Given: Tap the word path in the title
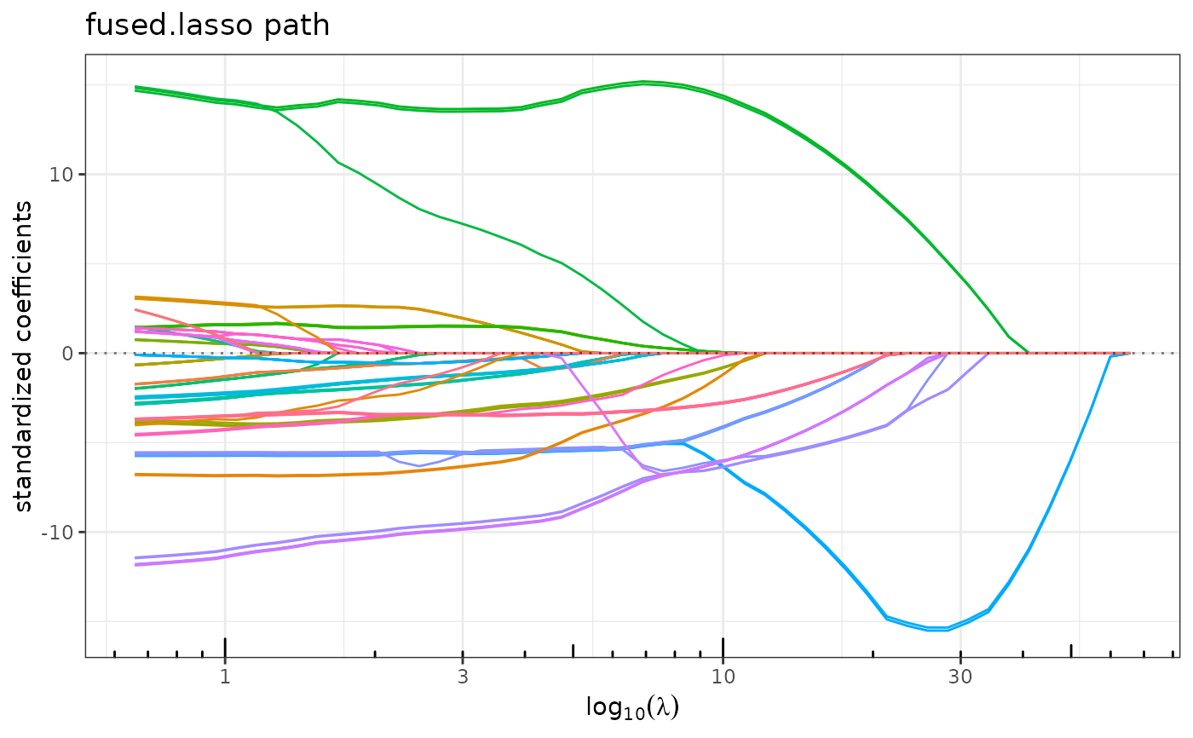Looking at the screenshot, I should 303,26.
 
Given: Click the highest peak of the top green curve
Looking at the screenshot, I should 644,82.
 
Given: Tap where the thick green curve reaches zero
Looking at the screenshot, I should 1029,352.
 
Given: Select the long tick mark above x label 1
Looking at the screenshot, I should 225,647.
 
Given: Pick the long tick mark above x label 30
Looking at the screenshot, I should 960,647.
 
